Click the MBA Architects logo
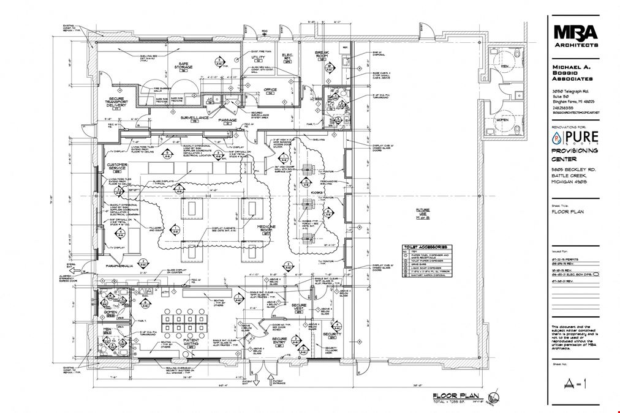coord(575,34)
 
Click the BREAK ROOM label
coord(322,55)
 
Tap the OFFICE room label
coord(270,90)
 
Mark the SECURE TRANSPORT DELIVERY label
coord(117,102)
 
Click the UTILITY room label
coord(258,58)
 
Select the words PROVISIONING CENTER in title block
coord(575,155)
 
